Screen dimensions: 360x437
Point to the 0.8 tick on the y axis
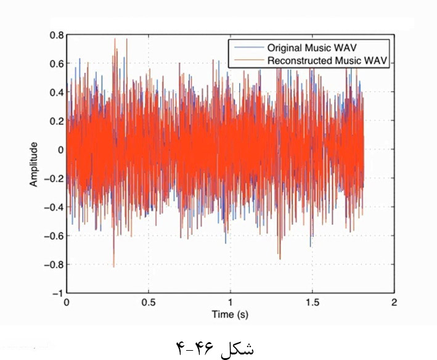tap(56, 35)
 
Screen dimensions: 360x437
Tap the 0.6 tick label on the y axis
tap(56, 63)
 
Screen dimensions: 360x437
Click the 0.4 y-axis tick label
tap(56, 92)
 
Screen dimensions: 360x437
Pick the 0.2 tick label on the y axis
tap(56, 121)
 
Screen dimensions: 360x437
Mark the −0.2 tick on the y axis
tap(54, 178)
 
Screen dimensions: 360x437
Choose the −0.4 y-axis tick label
tap(54, 207)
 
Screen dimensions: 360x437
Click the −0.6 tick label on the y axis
tap(54, 235)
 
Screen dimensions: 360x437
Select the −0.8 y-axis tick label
tap(54, 264)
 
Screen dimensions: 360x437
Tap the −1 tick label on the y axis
tap(57, 293)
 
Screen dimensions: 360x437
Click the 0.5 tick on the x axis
tap(148, 303)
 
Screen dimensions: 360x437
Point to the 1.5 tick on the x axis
tap(312, 303)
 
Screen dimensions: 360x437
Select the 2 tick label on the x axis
tap(394, 303)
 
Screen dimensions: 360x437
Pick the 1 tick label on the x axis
tap(230, 303)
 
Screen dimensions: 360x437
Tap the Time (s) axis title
tap(230, 314)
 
